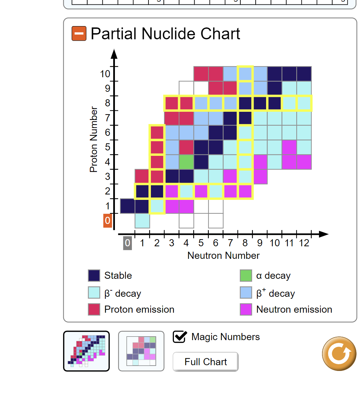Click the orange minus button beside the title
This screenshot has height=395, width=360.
(79, 34)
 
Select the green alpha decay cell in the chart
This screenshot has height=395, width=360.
(186, 162)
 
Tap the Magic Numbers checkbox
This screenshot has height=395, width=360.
(180, 337)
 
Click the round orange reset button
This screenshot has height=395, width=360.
(339, 353)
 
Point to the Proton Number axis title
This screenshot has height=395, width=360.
(94, 139)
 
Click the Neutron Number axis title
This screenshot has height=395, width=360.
(223, 255)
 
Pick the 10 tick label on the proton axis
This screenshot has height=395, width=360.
(105, 74)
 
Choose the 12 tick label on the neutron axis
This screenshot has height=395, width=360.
(304, 243)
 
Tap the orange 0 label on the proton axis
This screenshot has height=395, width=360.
(107, 221)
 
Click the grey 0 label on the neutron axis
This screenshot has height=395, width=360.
(127, 243)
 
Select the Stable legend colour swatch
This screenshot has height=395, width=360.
(94, 275)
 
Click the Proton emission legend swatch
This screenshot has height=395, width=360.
(94, 309)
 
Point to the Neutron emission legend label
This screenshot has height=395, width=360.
(294, 309)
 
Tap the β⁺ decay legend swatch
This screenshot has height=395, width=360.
(246, 293)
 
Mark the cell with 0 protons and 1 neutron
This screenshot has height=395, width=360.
(142, 221)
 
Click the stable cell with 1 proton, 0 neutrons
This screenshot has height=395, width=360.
(127, 206)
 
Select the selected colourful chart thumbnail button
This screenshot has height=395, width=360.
(86, 351)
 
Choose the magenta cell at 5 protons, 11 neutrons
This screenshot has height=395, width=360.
(289, 147)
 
